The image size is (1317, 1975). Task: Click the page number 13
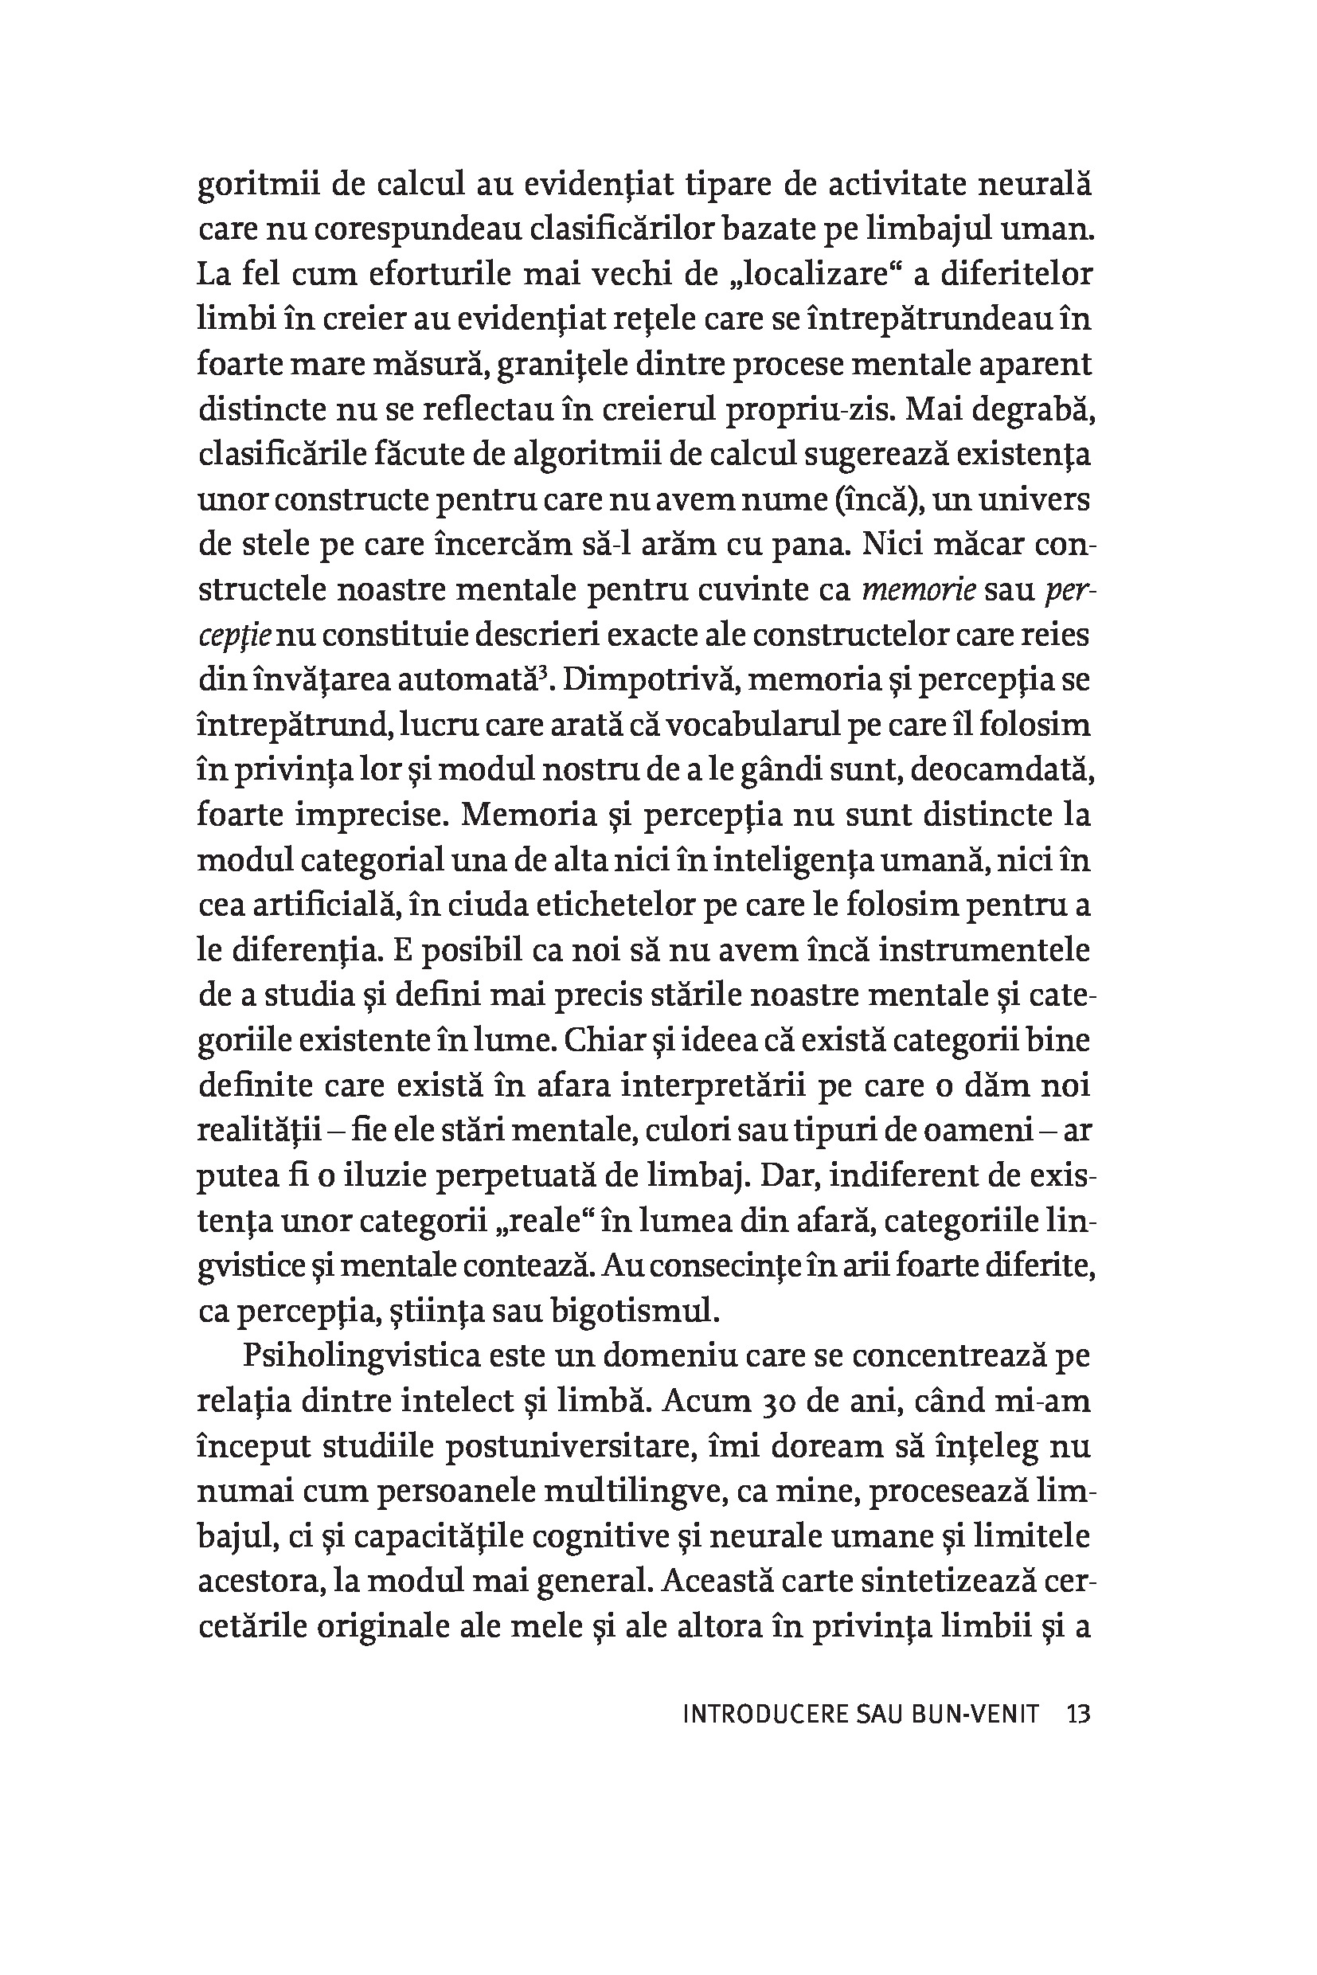pos(1077,1714)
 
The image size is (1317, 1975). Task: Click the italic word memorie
pos(919,591)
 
